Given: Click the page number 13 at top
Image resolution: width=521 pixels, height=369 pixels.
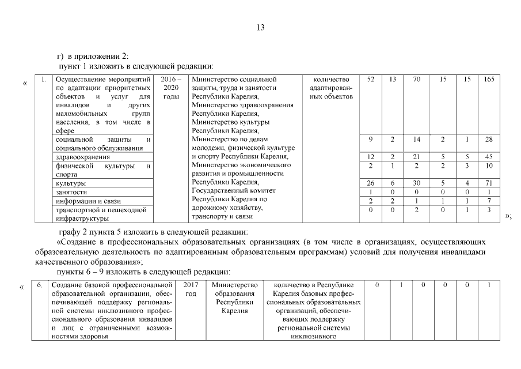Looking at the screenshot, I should (260, 27).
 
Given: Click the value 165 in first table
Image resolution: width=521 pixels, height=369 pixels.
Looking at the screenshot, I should (489, 79).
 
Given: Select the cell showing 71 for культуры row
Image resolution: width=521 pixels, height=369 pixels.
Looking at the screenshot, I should (489, 183).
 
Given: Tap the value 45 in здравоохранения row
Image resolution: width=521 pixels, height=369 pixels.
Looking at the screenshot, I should (489, 157).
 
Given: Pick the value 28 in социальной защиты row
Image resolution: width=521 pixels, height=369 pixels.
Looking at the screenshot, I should (489, 140).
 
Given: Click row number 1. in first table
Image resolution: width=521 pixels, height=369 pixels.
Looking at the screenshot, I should (44, 79).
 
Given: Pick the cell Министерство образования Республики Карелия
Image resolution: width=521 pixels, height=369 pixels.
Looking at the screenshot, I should (234, 298).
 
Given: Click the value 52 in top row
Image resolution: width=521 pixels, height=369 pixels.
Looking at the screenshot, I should (371, 79).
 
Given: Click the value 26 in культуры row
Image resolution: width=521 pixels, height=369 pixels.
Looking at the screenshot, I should (371, 183).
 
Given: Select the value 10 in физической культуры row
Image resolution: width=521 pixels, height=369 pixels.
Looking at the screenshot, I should (489, 166).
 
